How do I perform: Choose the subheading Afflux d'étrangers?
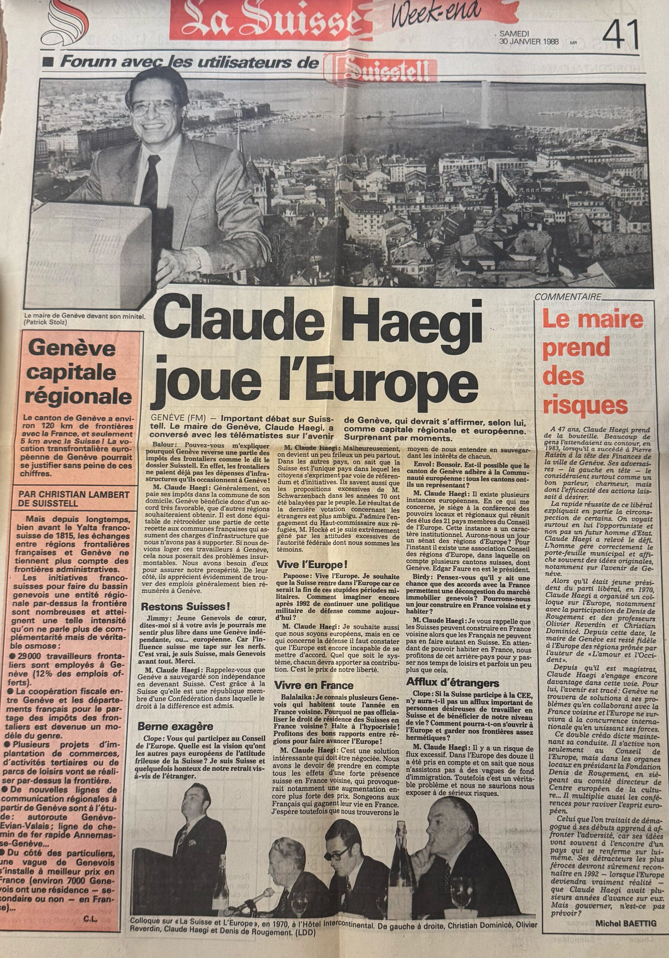pos(452,683)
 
